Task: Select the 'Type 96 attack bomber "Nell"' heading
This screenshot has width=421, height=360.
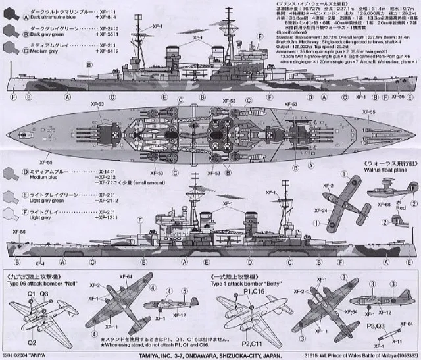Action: pyautogui.click(x=41, y=274)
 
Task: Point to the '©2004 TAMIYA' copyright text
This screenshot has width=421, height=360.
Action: pyautogui.click(x=32, y=354)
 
